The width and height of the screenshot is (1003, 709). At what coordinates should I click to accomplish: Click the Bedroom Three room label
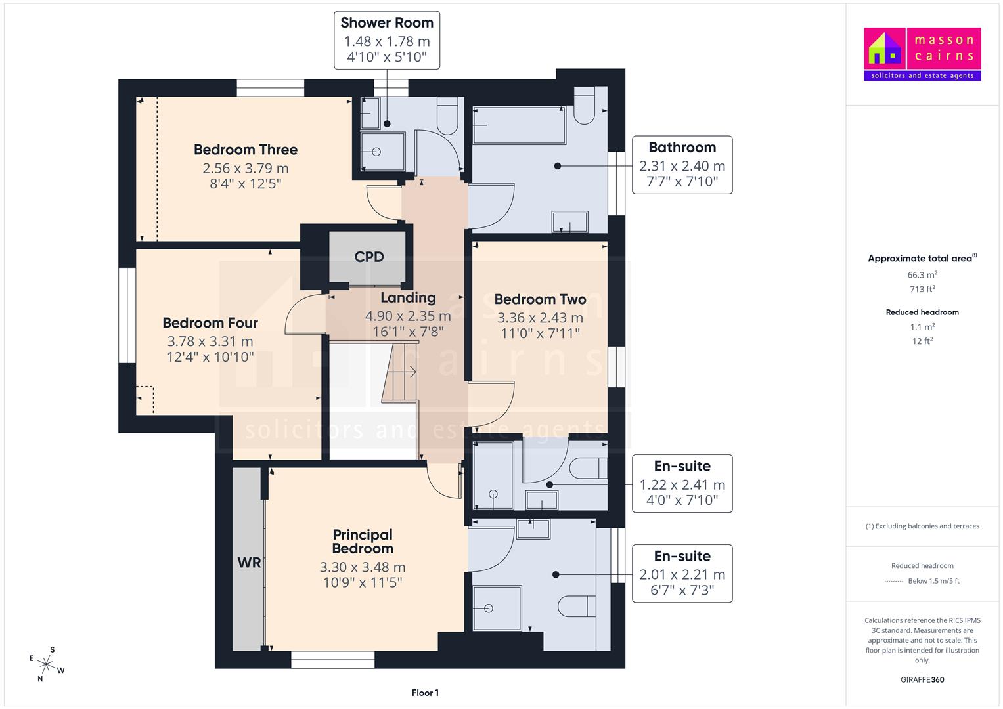pyautogui.click(x=246, y=150)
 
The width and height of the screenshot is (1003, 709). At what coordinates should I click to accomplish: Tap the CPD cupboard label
pyautogui.click(x=369, y=257)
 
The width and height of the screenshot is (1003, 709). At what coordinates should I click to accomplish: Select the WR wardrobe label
pyautogui.click(x=249, y=562)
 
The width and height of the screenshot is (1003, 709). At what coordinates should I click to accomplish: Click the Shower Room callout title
pyautogui.click(x=387, y=22)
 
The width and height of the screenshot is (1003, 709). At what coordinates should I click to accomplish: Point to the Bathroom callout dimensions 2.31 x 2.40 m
pyautogui.click(x=682, y=166)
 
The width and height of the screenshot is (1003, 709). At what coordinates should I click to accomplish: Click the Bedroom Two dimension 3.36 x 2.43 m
pyautogui.click(x=540, y=318)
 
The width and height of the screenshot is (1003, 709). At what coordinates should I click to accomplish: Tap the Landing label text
pyautogui.click(x=408, y=297)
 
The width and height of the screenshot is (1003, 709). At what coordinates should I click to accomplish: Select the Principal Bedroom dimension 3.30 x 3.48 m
pyautogui.click(x=362, y=567)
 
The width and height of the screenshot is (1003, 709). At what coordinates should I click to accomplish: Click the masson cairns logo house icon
pyautogui.click(x=884, y=49)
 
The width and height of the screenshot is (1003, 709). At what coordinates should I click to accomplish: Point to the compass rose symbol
pyautogui.click(x=46, y=664)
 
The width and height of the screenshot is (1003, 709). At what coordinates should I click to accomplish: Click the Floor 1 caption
pyautogui.click(x=425, y=693)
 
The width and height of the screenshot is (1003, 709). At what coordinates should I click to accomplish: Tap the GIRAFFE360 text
pyautogui.click(x=922, y=679)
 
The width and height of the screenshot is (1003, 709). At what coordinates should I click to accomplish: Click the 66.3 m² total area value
pyautogui.click(x=922, y=275)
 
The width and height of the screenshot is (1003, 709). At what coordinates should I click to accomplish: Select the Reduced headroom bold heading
pyautogui.click(x=922, y=312)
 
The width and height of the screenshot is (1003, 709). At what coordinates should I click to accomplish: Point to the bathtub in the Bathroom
pyautogui.click(x=520, y=125)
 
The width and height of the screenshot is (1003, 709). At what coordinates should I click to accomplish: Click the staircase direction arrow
pyautogui.click(x=405, y=371)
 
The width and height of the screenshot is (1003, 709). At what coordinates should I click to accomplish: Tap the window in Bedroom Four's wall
pyautogui.click(x=127, y=315)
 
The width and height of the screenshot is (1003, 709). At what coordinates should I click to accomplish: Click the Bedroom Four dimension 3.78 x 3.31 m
pyautogui.click(x=210, y=341)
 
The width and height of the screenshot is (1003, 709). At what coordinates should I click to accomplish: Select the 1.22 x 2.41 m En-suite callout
pyautogui.click(x=682, y=483)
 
